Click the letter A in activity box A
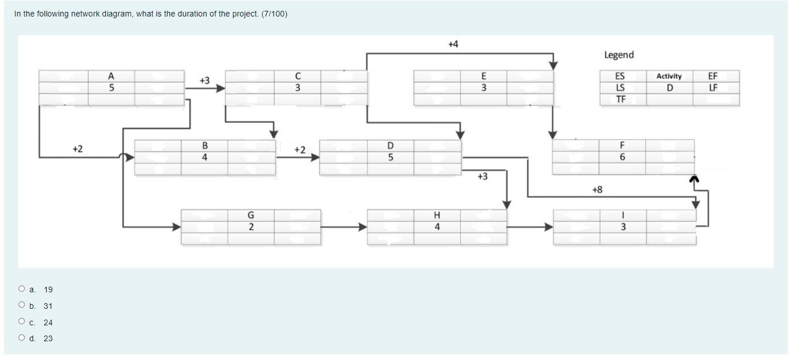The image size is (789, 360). [111, 76]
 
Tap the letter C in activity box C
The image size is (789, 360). [298, 76]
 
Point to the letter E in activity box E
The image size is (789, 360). [484, 76]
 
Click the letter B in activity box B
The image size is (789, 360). [204, 146]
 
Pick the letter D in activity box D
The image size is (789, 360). [390, 146]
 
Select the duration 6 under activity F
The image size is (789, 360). [623, 158]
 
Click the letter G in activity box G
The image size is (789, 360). [251, 216]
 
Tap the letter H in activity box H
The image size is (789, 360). [437, 216]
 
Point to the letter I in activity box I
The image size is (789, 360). [623, 216]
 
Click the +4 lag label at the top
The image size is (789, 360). [453, 44]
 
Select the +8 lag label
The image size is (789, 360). [597, 189]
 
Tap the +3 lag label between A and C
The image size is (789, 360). [204, 80]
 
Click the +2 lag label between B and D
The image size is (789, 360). [300, 150]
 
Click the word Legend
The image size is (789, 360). [619, 55]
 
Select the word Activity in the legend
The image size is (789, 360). [669, 76]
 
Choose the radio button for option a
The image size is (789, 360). [22, 289]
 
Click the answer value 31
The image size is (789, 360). [48, 306]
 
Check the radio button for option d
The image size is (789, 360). [22, 338]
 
